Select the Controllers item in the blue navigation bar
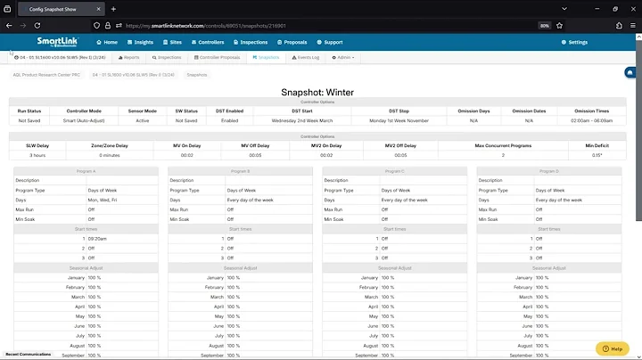(209, 42)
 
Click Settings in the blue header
(574, 42)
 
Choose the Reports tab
(128, 57)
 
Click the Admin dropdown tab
(342, 57)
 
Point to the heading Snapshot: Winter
(317, 92)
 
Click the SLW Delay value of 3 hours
(37, 155)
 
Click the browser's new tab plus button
(113, 8)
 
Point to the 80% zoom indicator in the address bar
(544, 25)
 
